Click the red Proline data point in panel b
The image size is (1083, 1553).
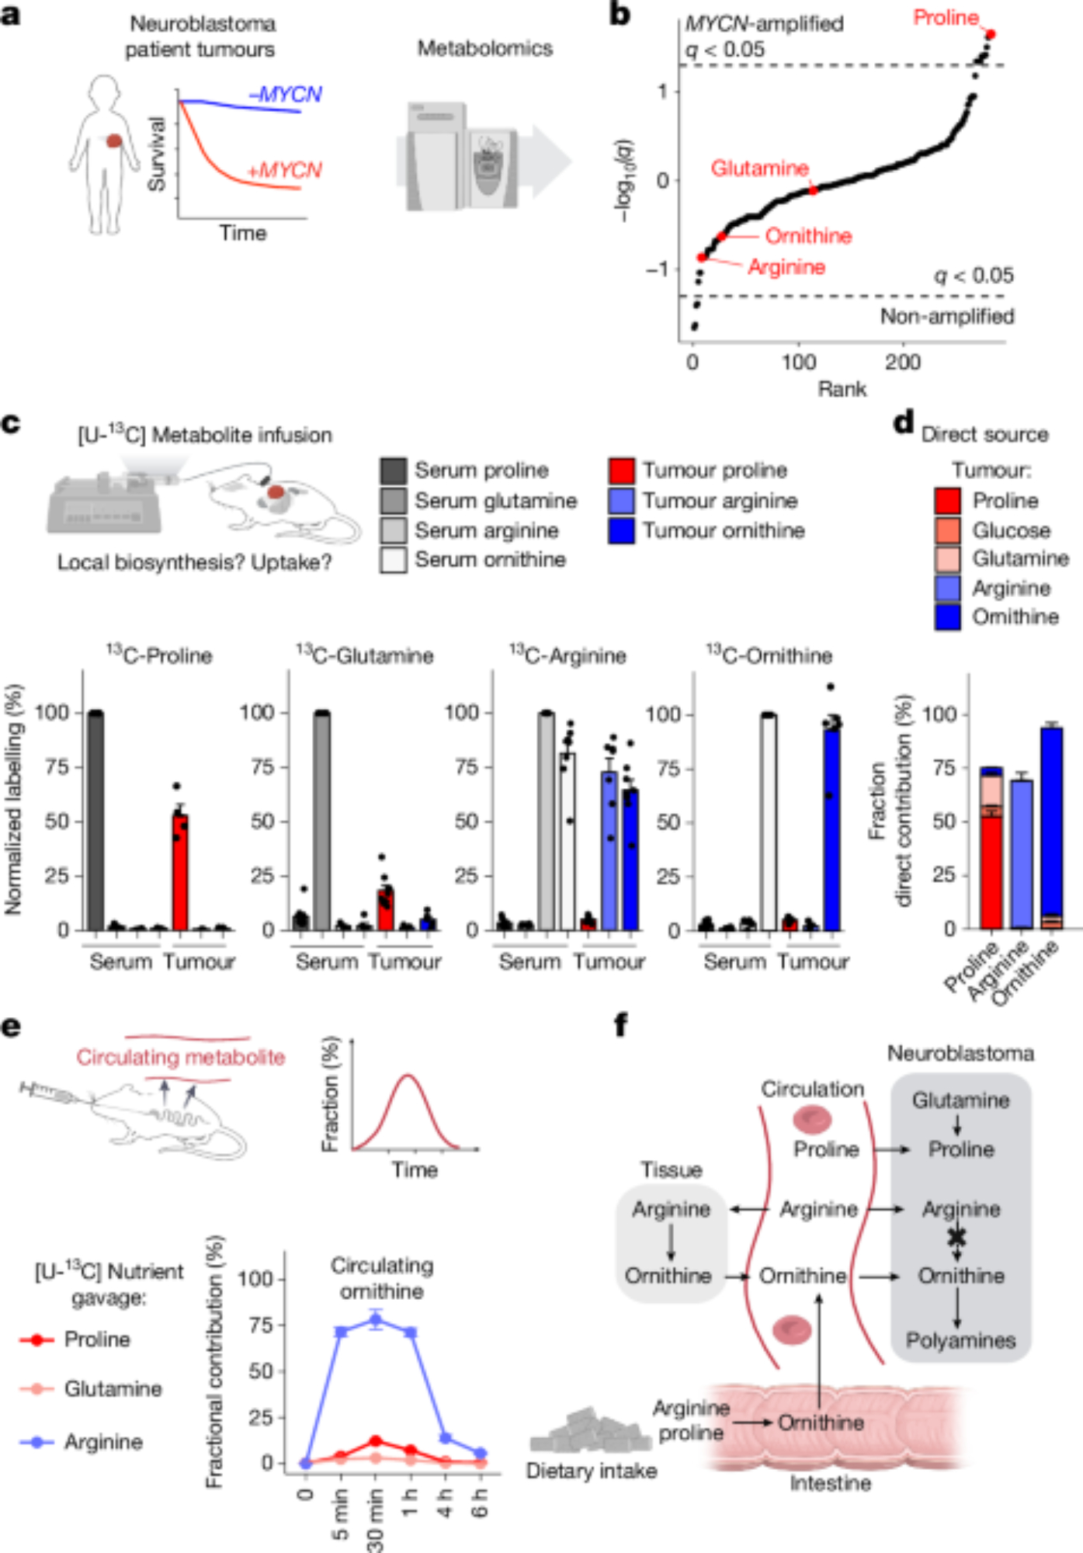990,34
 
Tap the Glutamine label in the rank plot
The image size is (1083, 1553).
759,168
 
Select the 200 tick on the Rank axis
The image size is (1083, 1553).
903,362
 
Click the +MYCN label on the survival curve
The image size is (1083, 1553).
284,170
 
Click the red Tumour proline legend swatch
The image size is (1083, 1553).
622,471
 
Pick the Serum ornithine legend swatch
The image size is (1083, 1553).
394,560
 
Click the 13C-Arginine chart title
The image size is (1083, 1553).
568,656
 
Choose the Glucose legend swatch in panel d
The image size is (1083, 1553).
947,530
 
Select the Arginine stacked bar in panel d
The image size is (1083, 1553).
1021,853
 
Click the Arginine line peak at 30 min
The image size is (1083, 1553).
376,1319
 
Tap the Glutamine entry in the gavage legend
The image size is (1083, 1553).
113,1388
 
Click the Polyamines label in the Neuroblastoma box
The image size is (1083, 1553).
960,1340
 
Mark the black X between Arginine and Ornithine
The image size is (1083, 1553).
957,1235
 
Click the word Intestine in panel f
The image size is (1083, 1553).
830,1483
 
